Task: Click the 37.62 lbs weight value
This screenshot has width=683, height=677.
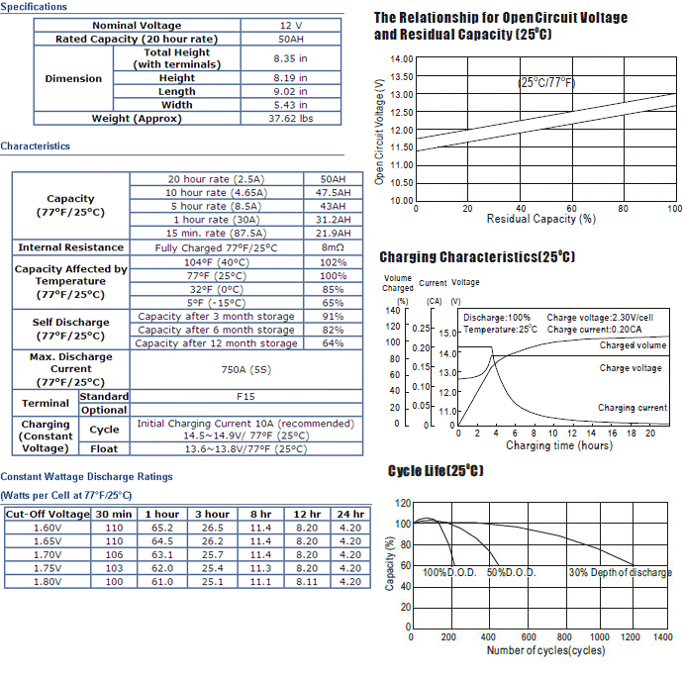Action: point(291,119)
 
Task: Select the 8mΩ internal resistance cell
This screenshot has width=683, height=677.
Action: point(333,247)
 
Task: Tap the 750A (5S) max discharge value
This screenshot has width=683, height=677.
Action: point(246,370)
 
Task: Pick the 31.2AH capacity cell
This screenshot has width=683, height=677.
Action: point(333,220)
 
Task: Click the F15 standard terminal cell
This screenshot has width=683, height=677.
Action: point(245,397)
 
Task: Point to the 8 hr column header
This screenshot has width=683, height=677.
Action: point(260,514)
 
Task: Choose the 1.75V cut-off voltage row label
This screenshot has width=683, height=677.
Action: point(48,568)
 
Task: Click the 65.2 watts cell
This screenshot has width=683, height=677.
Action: point(162,528)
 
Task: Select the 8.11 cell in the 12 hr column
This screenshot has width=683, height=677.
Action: point(307,582)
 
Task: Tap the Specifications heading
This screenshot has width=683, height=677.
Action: point(34,7)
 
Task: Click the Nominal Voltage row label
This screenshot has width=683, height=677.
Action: point(137,26)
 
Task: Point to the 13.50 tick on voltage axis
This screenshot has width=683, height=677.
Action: point(401,76)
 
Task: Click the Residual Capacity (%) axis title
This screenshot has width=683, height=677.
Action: point(541,219)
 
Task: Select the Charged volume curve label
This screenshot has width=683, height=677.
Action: point(633,345)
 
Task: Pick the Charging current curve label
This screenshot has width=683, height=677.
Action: point(633,408)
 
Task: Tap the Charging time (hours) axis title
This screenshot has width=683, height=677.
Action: point(559,445)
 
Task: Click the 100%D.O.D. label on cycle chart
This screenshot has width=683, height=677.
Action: point(449,572)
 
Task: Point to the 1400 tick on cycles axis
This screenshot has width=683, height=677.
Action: point(663,637)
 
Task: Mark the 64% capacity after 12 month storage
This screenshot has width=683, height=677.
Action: point(333,343)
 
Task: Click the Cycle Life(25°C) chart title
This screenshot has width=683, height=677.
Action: point(436,470)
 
